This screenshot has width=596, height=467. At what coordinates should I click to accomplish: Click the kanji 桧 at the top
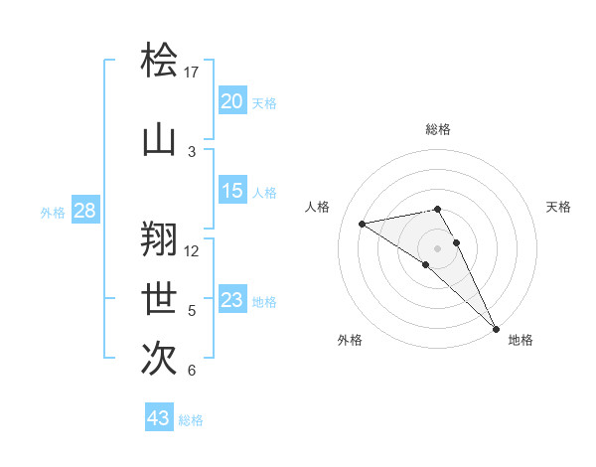[160, 61]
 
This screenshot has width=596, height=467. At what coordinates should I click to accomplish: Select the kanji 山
[160, 140]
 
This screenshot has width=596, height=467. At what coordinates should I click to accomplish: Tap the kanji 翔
[160, 236]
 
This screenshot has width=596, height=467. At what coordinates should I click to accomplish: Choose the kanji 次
[160, 358]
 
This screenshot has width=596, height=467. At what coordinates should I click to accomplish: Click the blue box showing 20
[231, 101]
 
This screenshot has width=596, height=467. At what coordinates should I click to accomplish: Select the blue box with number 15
[231, 191]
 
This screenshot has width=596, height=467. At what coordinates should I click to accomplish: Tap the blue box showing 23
[231, 300]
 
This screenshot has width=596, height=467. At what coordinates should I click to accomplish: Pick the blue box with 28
[84, 211]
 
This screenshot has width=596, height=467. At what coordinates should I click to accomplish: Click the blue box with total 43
[159, 418]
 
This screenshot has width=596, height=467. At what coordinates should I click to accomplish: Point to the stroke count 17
[192, 73]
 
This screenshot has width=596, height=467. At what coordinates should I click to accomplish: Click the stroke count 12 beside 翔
[192, 250]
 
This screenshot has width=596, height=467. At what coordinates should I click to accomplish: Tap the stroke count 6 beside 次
[192, 372]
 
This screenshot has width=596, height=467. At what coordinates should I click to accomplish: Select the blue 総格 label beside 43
[191, 420]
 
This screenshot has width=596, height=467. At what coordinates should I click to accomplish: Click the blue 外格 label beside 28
[53, 213]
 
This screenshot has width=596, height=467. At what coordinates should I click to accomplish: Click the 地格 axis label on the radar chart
[521, 340]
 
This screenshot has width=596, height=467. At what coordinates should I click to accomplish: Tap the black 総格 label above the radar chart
[437, 129]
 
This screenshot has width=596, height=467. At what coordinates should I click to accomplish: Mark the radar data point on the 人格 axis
[363, 224]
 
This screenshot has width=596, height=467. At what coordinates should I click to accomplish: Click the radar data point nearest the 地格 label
[495, 328]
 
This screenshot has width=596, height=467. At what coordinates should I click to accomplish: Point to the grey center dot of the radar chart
[437, 247]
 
